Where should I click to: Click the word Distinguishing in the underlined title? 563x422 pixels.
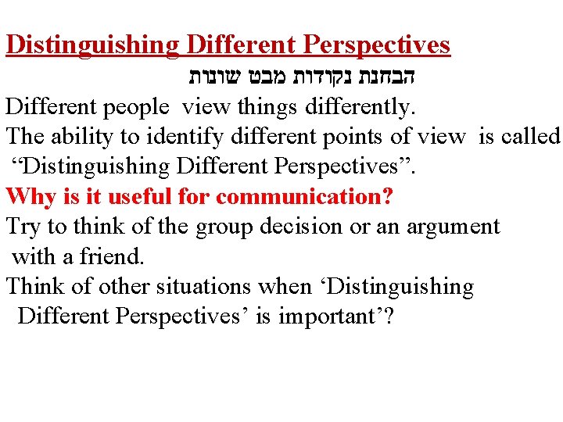coord(92,45)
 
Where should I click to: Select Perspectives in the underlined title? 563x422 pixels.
coord(376,45)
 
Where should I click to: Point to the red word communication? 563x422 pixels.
coord(304,196)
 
